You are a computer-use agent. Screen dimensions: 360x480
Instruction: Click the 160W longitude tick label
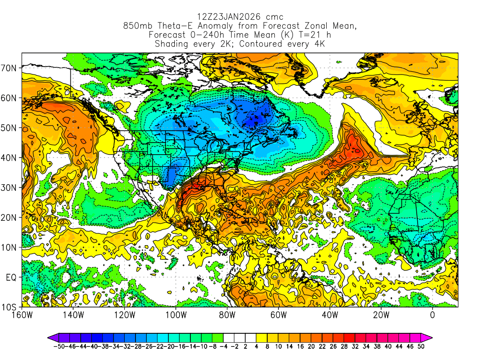pos(22,315)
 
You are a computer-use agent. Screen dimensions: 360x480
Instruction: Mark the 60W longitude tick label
pos(278,315)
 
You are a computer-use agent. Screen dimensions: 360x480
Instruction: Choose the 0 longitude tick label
pos(432,315)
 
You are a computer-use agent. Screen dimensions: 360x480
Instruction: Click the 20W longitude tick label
pos(381,315)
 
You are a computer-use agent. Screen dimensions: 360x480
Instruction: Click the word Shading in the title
pos(172,44)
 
